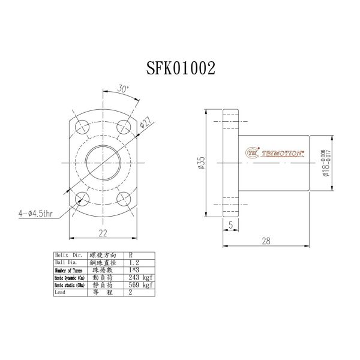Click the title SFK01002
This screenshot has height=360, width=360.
click(181, 68)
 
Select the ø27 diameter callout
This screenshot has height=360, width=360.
click(144, 125)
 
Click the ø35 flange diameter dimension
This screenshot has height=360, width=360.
click(201, 163)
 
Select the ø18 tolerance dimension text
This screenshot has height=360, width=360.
click(325, 162)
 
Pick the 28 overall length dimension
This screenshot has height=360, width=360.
click(265, 241)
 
